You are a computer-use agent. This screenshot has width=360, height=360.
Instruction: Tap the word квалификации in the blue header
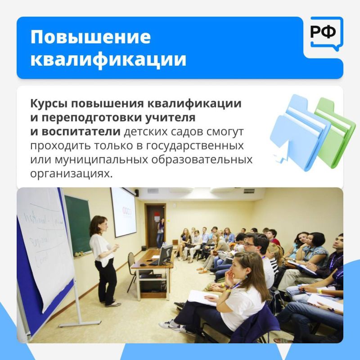point(108,59)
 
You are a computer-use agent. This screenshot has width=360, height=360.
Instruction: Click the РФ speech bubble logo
point(323,32)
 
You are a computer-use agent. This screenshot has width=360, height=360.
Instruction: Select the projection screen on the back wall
point(123,211)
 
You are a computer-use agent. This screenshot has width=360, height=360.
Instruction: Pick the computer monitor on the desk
point(166,254)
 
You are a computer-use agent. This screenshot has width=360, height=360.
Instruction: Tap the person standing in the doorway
point(160,232)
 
